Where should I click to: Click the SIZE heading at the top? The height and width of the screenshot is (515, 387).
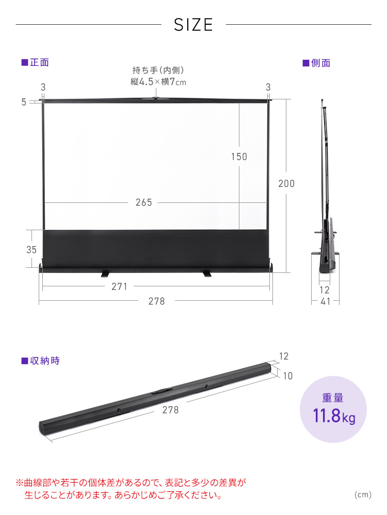coord(193,25)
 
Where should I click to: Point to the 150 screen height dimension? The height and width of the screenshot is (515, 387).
coord(239,157)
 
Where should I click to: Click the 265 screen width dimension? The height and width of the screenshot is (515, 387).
coord(144,202)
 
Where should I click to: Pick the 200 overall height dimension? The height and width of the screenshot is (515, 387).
coord(286,184)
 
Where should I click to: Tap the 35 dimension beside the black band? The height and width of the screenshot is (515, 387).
coord(31,250)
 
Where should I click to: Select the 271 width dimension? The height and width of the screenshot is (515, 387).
coord(119,287)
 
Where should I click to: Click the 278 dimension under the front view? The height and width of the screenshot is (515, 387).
coord(156,301)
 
